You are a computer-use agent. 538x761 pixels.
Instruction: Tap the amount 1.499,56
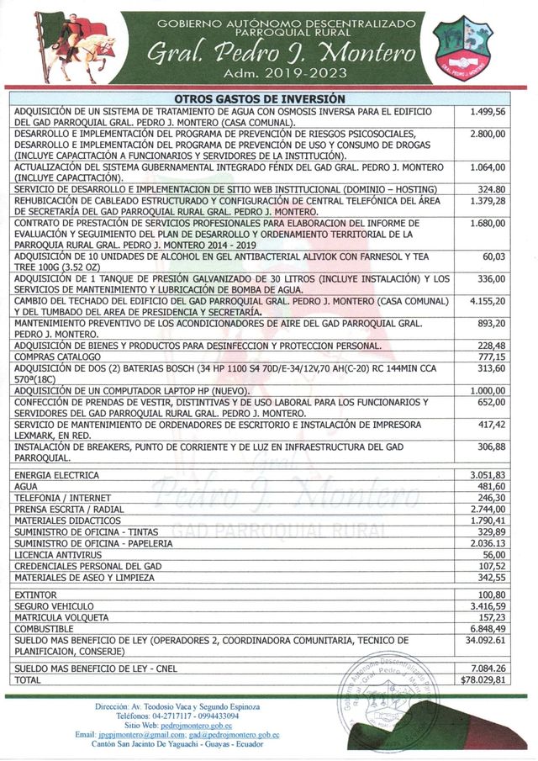pyautogui.click(x=488, y=112)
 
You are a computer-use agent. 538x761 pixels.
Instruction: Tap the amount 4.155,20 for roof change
pyautogui.click(x=488, y=300)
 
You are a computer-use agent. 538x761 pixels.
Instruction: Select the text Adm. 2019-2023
pyautogui.click(x=281, y=73)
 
